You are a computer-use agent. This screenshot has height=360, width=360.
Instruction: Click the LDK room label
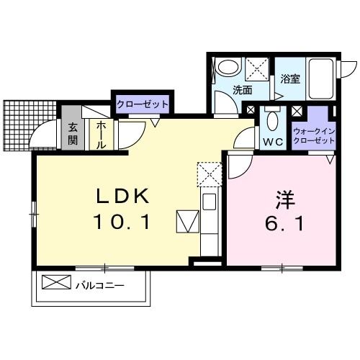[122, 196]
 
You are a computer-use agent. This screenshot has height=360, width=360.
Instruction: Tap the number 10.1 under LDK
[122, 222]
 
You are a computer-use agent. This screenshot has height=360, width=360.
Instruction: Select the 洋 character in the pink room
[285, 200]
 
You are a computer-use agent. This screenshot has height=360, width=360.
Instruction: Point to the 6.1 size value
[285, 223]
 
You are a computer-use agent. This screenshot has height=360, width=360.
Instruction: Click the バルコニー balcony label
[100, 286]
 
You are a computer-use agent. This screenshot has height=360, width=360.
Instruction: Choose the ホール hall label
[102, 135]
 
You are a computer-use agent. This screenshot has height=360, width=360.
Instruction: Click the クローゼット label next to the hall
[143, 104]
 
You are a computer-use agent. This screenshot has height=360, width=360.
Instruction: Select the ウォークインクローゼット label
[314, 136]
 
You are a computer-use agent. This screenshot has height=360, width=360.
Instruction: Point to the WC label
[273, 142]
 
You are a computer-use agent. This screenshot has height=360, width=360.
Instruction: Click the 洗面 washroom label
[243, 90]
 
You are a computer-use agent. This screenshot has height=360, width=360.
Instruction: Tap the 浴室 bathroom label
[290, 78]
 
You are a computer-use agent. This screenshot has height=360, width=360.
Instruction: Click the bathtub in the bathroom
[321, 78]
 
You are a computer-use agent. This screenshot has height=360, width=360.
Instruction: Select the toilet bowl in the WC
[273, 121]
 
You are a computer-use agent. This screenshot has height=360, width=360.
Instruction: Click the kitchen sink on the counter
[209, 201]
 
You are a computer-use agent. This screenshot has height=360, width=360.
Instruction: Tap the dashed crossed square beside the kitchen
[210, 174]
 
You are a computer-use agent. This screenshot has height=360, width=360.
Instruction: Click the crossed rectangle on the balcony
[56, 282]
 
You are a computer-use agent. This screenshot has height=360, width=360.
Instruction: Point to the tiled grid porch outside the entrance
[30, 125]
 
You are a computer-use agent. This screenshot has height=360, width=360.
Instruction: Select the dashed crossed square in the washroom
[257, 69]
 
